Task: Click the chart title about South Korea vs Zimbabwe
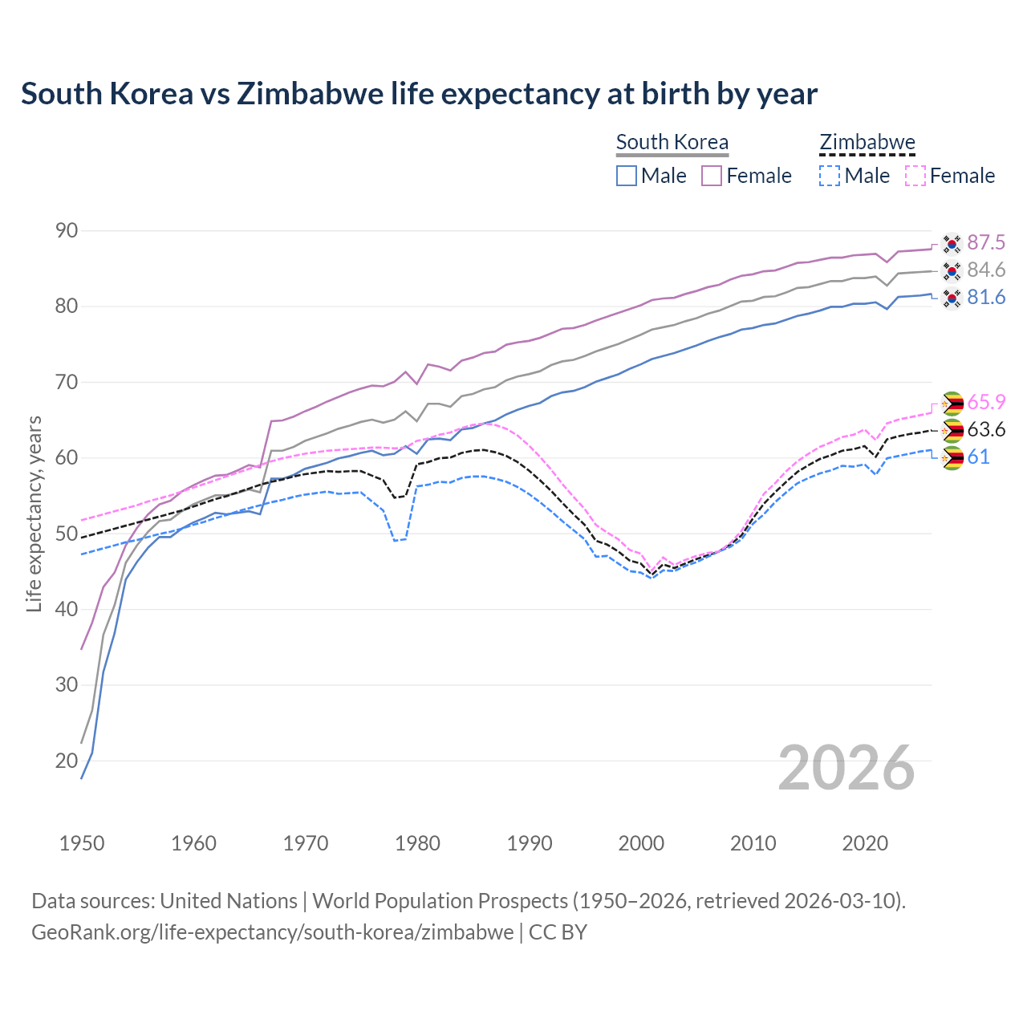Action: (419, 94)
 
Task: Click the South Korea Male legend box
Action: (627, 176)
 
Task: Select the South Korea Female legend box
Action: (712, 176)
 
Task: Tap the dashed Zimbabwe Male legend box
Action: (830, 176)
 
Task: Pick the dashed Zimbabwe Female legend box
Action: (915, 176)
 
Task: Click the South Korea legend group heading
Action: (672, 142)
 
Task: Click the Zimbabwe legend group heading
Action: (867, 142)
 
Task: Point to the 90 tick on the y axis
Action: (67, 231)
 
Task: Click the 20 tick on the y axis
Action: (67, 761)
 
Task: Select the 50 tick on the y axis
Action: (67, 534)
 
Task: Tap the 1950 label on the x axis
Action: (82, 843)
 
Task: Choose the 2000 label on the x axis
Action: (641, 843)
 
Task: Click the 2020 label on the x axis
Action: (865, 843)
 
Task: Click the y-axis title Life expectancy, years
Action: (34, 513)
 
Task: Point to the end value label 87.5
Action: (986, 242)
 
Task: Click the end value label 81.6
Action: (986, 298)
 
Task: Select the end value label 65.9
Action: (986, 402)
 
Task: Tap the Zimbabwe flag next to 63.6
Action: (952, 430)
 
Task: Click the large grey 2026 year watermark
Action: (846, 768)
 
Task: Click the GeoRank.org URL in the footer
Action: (273, 932)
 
